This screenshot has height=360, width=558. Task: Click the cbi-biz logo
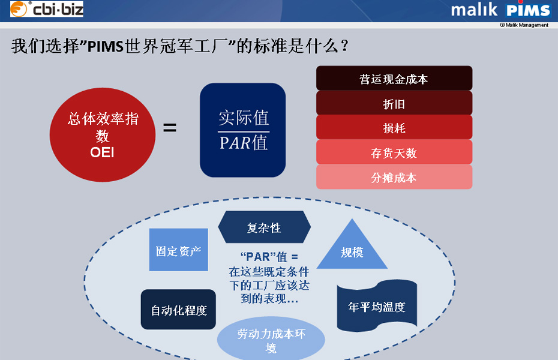coord(47,9)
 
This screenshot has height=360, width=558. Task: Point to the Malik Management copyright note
coord(524,25)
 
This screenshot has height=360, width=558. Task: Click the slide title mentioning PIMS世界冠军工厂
coord(180,47)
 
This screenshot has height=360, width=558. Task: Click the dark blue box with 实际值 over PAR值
coord(242,130)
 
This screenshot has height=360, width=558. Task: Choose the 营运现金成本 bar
coord(394,79)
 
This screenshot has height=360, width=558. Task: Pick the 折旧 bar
coord(394,103)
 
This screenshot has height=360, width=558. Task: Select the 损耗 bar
coord(394,128)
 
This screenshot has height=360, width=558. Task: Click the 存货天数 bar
coord(394,152)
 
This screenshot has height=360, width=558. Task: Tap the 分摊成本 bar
coord(394,177)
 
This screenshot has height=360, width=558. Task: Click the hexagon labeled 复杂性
coord(264,228)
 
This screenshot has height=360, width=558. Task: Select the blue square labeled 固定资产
coord(178,250)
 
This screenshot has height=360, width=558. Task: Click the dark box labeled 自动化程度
coord(178,310)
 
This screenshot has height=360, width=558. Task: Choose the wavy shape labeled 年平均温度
coord(376,306)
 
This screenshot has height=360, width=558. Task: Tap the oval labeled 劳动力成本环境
coord(271,340)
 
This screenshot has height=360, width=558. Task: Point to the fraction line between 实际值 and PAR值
coord(243,131)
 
